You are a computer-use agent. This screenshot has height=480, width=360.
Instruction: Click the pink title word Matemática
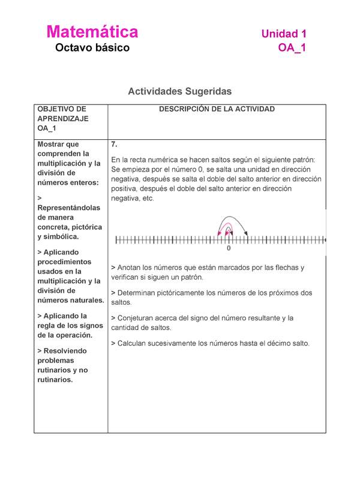[92, 32]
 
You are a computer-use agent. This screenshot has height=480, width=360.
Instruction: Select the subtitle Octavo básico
[92, 48]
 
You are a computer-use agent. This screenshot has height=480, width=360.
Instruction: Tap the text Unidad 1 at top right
[283, 34]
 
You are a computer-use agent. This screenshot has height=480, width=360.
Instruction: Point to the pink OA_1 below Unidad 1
[292, 49]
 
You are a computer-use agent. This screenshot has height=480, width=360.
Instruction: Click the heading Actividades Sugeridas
[179, 91]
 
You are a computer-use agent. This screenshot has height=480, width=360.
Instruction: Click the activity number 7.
[115, 145]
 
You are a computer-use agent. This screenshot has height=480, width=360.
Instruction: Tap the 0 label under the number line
[229, 248]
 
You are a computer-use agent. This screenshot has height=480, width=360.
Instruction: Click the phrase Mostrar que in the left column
[58, 145]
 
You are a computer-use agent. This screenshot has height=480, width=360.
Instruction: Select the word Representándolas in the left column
[69, 208]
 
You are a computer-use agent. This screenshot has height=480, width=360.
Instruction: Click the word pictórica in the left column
[86, 227]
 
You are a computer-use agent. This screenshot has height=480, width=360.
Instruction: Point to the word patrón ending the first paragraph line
[310, 160]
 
